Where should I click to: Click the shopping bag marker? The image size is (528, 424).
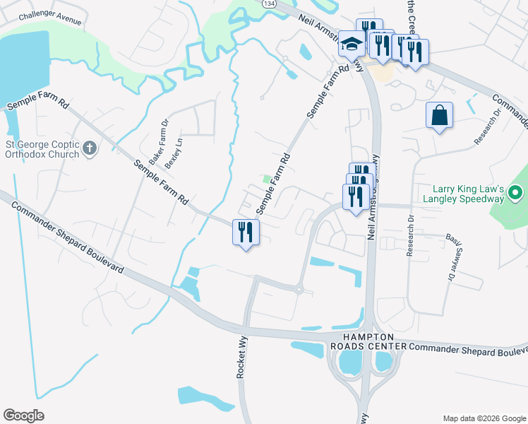click(x=439, y=116)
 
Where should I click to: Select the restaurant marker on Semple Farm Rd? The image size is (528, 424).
click(x=245, y=231)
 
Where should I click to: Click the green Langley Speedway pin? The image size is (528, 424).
click(x=516, y=192)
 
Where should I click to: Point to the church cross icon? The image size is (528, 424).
click(x=89, y=148)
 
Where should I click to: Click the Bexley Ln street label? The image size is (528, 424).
click(x=174, y=152)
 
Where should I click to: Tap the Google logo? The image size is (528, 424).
click(x=23, y=415)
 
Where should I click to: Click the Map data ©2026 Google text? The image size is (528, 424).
click(x=483, y=418)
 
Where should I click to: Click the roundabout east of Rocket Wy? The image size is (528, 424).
click(x=299, y=288)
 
